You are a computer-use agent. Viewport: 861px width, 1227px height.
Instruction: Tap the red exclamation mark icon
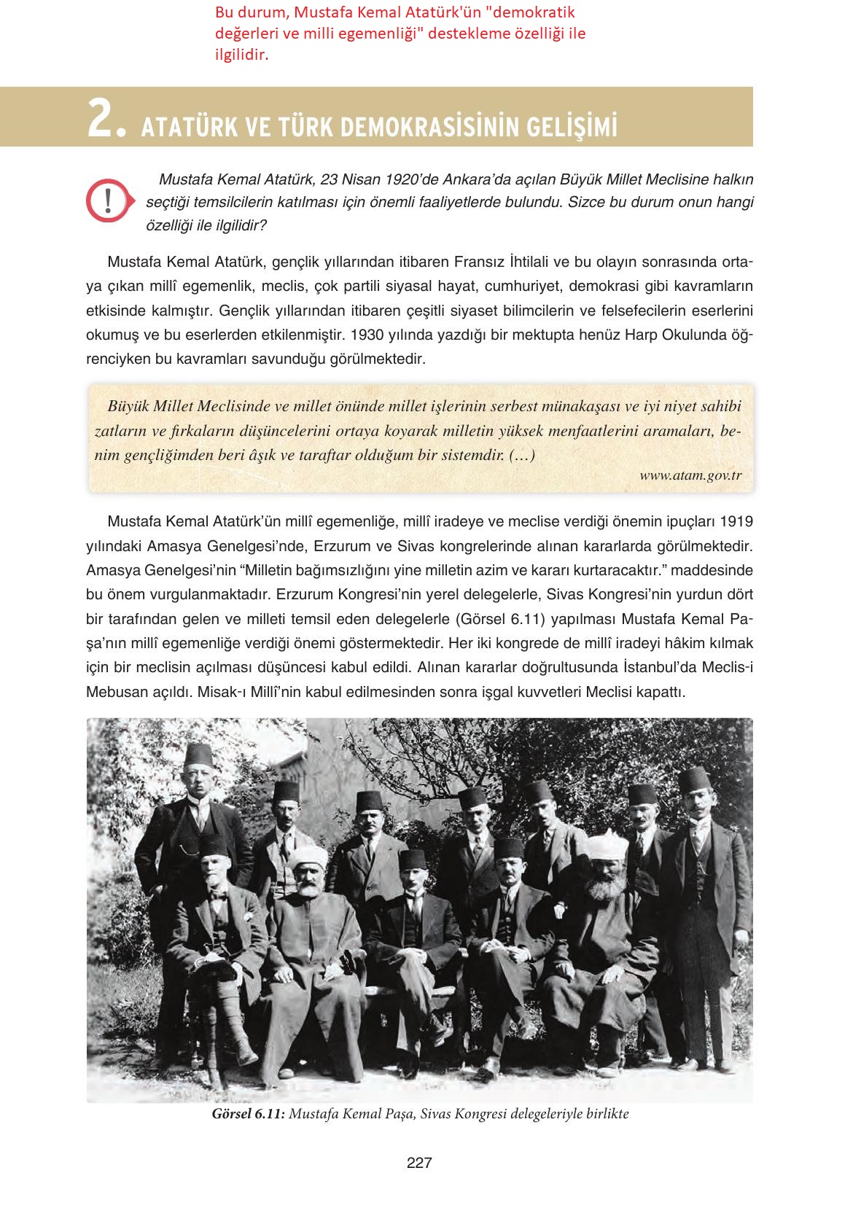(107, 199)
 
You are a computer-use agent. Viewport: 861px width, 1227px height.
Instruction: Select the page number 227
(419, 1163)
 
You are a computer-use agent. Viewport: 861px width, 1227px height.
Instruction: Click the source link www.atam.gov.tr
(690, 475)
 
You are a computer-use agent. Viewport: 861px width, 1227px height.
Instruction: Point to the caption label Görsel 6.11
(248, 1114)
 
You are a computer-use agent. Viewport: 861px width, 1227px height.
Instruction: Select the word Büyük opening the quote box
(129, 406)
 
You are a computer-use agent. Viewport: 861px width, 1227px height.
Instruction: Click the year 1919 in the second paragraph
(736, 521)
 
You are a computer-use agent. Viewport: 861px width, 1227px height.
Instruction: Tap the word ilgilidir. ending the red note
(241, 54)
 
